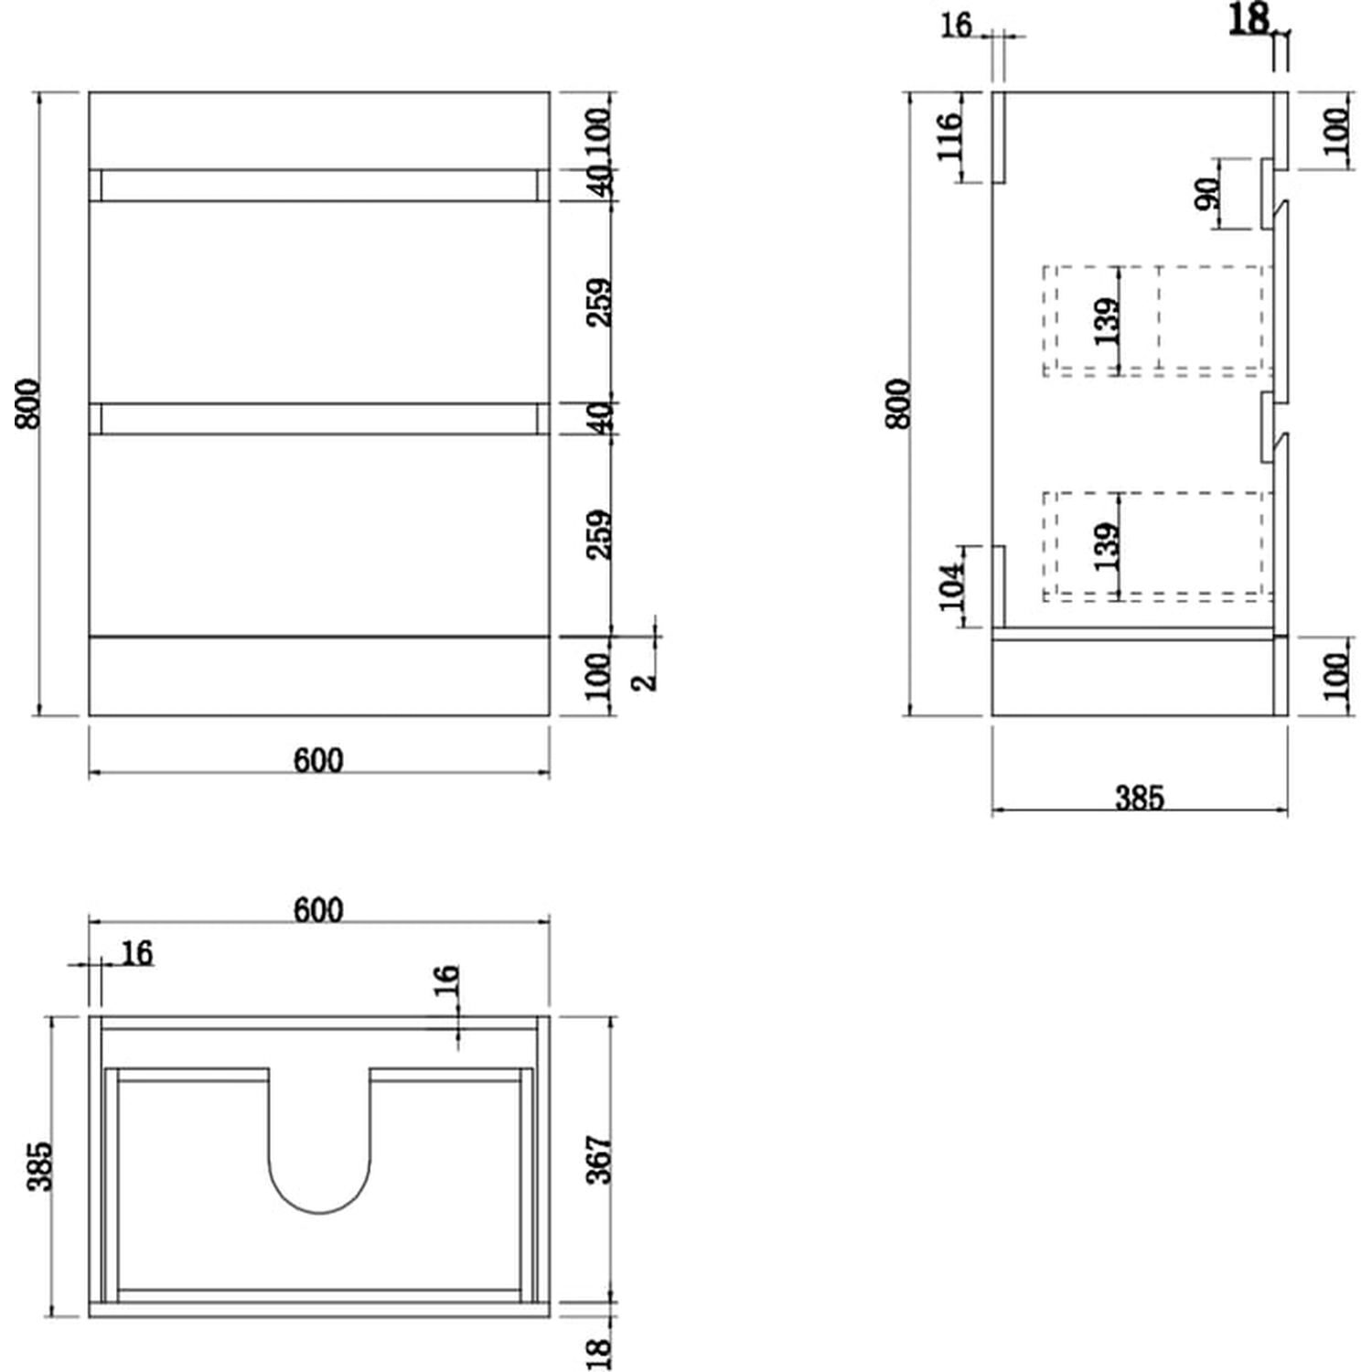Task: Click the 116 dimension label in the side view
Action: click(949, 135)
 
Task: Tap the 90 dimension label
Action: click(1207, 194)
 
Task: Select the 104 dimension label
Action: click(951, 585)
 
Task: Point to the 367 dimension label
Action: click(598, 1160)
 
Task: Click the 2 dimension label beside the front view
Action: click(646, 681)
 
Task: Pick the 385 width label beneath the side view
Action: click(1140, 798)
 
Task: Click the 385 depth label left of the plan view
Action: click(40, 1166)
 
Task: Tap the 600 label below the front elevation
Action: click(318, 760)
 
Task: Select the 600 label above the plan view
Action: click(318, 910)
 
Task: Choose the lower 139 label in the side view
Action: click(1106, 546)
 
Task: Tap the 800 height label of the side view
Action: click(898, 403)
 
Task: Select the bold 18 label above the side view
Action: click(1249, 18)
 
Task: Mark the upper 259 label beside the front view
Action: click(599, 303)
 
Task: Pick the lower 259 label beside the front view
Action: click(599, 535)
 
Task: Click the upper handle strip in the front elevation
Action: click(318, 186)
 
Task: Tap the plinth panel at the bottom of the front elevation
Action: click(318, 676)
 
